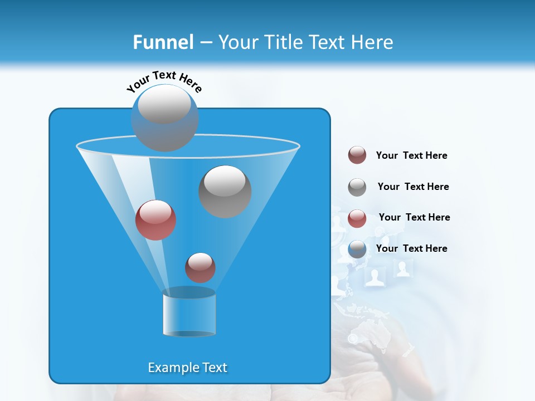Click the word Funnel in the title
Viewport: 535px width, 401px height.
click(163, 42)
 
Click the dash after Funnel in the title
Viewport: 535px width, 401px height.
click(205, 42)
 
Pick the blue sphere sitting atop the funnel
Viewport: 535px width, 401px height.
click(164, 118)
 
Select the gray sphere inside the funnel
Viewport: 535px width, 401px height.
click(225, 191)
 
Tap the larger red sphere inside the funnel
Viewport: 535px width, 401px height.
click(155, 220)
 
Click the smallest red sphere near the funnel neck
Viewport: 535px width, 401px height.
click(200, 267)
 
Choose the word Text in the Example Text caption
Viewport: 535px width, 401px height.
click(214, 368)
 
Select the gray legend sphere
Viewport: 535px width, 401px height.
click(357, 187)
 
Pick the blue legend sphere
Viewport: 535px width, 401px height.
click(357, 249)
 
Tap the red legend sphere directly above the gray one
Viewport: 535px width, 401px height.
click(357, 155)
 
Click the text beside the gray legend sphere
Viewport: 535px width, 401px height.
click(413, 187)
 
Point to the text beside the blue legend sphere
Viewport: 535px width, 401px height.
click(411, 248)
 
